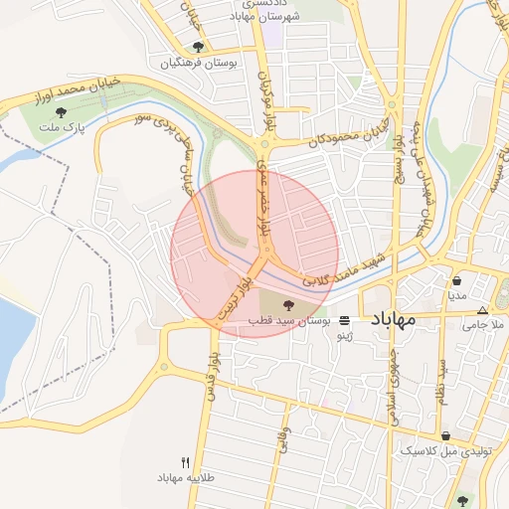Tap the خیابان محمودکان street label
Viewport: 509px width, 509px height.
[345, 134]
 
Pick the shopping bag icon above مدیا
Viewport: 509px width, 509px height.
[456, 280]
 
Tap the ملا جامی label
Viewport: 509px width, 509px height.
[484, 324]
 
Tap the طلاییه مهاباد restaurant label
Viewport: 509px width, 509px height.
[185, 478]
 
